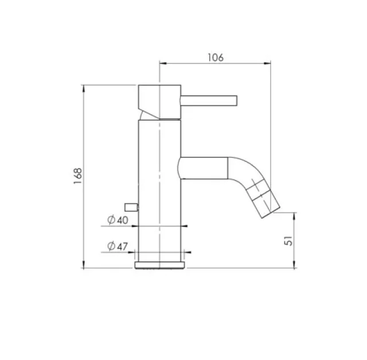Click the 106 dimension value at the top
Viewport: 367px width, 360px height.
(x=214, y=57)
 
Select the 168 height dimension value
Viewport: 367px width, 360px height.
(x=77, y=176)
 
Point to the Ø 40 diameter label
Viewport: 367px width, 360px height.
(x=117, y=220)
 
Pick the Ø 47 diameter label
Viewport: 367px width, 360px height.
(x=117, y=247)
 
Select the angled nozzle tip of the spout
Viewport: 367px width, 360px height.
(x=265, y=199)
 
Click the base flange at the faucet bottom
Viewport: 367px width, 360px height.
(x=160, y=266)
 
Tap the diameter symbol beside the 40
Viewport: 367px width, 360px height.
(x=110, y=220)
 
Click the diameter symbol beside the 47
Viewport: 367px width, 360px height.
(x=110, y=247)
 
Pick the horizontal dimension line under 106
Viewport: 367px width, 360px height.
(x=214, y=64)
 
